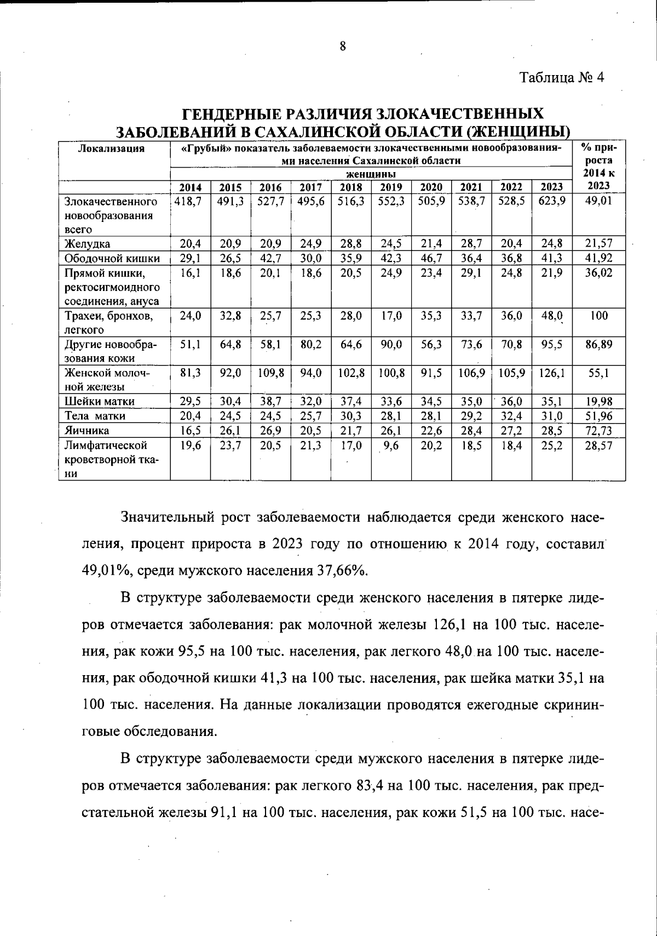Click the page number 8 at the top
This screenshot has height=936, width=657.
click(x=343, y=46)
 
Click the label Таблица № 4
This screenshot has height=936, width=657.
click(x=562, y=77)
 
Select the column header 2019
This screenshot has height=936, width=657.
click(x=391, y=187)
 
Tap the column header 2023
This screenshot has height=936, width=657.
click(x=551, y=187)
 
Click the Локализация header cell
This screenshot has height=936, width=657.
click(x=112, y=149)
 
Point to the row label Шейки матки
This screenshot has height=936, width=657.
click(x=100, y=401)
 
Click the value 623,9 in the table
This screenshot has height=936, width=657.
click(x=551, y=202)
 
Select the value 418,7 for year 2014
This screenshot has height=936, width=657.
click(x=189, y=202)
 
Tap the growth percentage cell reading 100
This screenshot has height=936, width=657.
click(x=598, y=316)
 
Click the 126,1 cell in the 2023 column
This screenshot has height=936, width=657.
click(x=551, y=373)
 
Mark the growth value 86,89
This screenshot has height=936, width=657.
click(x=598, y=345)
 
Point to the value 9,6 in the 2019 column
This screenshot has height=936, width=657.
click(x=391, y=446)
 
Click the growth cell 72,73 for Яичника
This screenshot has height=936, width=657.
click(x=598, y=430)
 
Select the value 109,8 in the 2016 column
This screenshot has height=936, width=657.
click(x=270, y=373)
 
